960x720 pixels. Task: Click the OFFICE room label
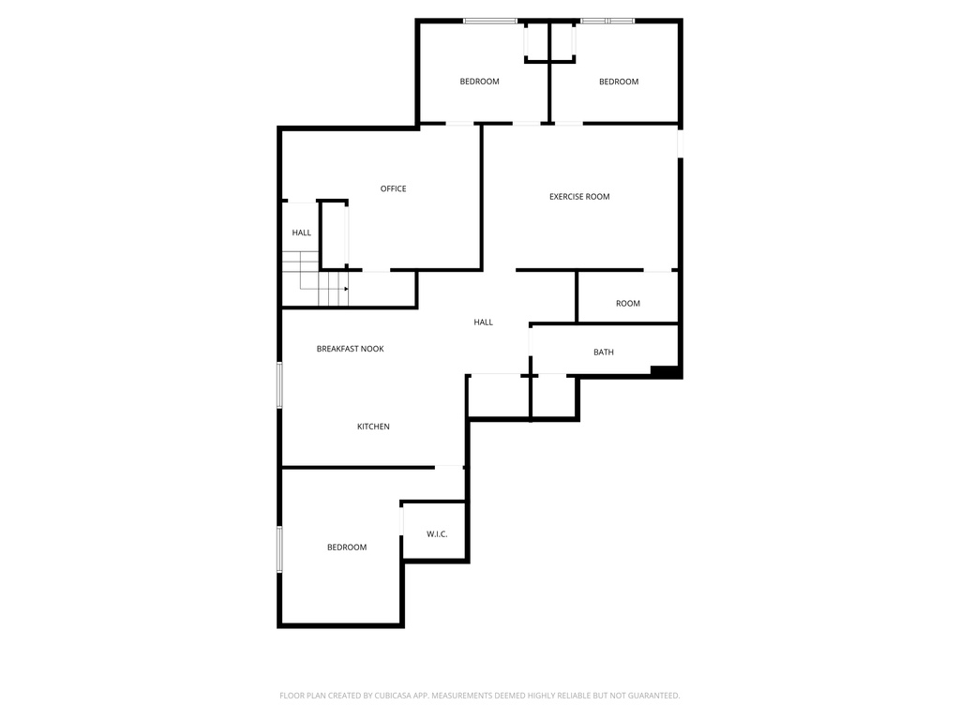pos(393,188)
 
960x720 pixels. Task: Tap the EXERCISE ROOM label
pos(579,197)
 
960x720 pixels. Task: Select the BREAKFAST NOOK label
pos(351,349)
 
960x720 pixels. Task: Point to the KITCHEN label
pos(373,427)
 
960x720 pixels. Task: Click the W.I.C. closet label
pos(437,534)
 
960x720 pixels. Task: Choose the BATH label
pos(604,352)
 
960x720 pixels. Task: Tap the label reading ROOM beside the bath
pos(628,304)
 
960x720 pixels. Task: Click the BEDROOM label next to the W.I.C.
pos(347,547)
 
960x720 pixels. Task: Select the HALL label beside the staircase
pos(301,232)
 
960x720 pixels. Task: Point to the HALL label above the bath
pos(483,322)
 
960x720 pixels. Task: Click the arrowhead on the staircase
pos(347,289)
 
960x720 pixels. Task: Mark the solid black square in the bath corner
pos(665,371)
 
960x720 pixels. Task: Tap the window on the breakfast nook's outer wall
pos(279,385)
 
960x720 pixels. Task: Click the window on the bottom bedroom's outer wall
pos(279,549)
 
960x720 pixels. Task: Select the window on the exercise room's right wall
pos(680,143)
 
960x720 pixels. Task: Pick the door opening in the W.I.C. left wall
pos(401,521)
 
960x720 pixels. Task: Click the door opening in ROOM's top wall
pos(657,270)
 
